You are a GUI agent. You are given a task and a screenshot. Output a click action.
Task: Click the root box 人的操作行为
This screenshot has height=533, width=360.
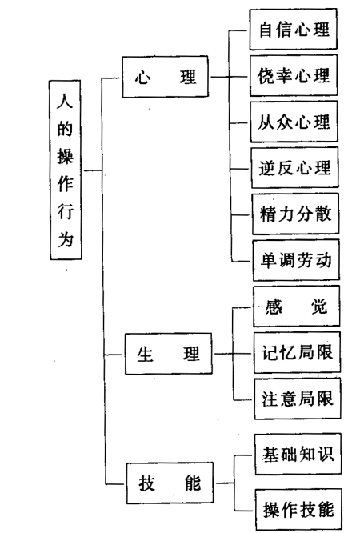[x=66, y=170]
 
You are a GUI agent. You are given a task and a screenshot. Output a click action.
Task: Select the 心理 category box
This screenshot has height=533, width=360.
[x=166, y=77]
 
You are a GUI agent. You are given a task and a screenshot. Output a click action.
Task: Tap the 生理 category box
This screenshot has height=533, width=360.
[x=169, y=354]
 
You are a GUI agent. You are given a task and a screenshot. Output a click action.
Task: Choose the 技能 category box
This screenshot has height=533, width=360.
[x=170, y=483]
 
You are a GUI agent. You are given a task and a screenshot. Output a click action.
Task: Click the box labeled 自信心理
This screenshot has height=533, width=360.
[x=294, y=30]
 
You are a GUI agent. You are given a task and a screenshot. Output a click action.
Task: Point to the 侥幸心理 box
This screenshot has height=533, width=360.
[x=294, y=75]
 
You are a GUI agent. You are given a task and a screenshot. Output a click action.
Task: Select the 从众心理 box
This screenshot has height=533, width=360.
[x=294, y=122]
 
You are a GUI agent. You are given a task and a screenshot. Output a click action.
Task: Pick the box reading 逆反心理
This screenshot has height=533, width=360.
[x=295, y=168]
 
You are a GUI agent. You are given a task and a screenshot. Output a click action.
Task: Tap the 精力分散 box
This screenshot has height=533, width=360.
[x=295, y=214]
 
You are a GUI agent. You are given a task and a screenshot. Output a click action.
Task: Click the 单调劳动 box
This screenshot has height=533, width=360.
[x=296, y=260]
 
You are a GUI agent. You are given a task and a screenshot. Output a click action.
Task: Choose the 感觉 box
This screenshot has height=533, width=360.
[x=297, y=307]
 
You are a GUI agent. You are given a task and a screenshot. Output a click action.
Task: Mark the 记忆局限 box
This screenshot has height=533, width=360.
[x=297, y=352]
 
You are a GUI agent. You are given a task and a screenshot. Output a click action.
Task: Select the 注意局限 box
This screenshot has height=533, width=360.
[x=298, y=399]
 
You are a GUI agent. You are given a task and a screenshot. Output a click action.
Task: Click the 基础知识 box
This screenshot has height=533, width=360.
[x=298, y=454]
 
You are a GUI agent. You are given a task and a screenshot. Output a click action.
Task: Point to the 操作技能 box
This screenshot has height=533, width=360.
[x=299, y=510]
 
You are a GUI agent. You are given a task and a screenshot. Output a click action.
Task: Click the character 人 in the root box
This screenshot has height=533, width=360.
[x=65, y=101]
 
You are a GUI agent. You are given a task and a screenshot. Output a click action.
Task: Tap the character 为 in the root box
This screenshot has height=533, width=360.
[x=66, y=238]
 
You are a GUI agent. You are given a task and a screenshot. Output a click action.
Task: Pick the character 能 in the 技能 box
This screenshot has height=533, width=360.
[x=193, y=483]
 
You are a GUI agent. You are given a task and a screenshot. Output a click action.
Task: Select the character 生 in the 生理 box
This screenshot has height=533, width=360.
[x=145, y=355]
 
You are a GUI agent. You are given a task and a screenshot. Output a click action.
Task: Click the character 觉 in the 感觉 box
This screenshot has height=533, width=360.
[x=319, y=307]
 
